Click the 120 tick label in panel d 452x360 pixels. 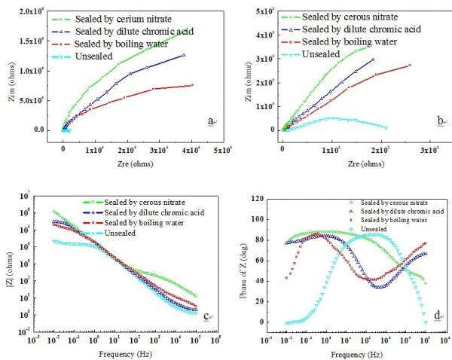(257, 203)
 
